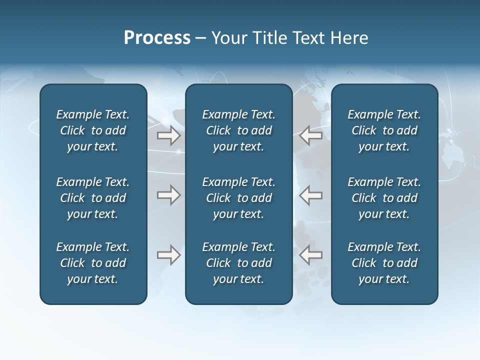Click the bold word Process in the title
point(157,38)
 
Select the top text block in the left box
point(93,130)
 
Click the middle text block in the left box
point(93,198)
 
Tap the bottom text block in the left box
point(93,263)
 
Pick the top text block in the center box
point(238,130)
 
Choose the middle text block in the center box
point(238,198)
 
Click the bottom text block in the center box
point(238,263)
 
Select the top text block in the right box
point(384,130)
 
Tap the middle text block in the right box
point(384,198)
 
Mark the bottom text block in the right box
point(384,263)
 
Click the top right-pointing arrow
point(168,135)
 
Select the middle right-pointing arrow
point(168,195)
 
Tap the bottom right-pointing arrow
point(168,255)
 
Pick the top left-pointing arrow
point(310,135)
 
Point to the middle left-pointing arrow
point(310,195)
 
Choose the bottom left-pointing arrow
point(310,255)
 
